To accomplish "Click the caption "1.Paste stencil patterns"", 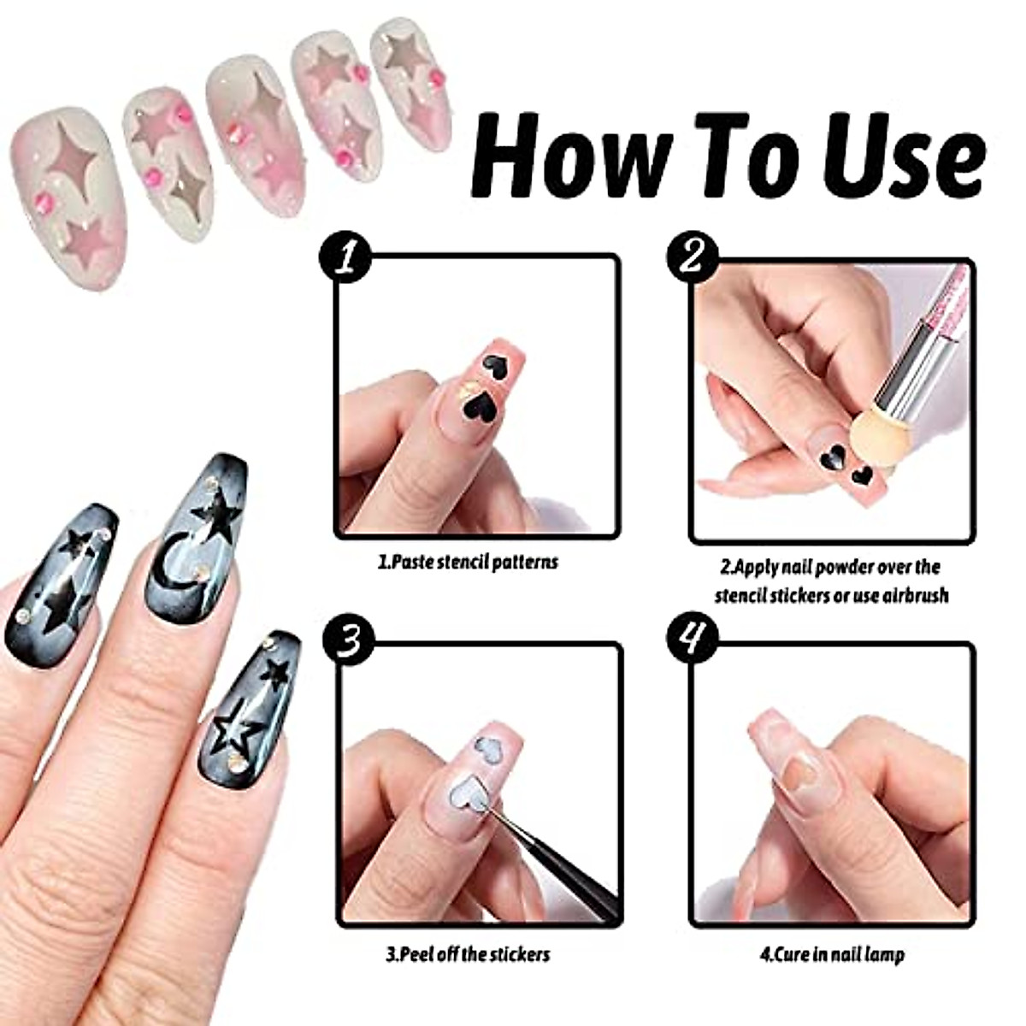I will (469, 563).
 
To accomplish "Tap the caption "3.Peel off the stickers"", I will (468, 953).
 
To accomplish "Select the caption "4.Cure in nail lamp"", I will (832, 953).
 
